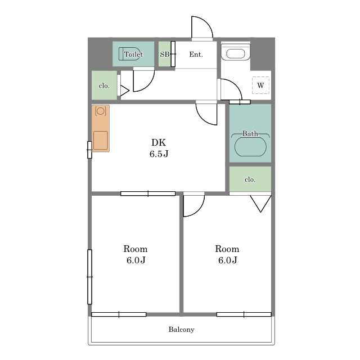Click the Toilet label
coord(133,55)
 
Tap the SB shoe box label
coord(165,55)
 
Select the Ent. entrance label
coord(196,55)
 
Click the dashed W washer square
coord(260,85)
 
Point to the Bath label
coord(250,133)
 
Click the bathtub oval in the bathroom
coord(250,147)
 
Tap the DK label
coord(159,142)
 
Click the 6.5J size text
coord(159,154)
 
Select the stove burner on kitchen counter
coord(101,111)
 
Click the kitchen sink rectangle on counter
coord(101,140)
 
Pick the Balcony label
coord(181,330)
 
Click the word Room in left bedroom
coord(136,249)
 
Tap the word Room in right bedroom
coord(227,249)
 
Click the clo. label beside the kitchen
coord(104,86)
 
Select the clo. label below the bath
coord(250,179)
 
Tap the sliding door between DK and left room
coord(148,193)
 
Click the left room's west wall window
coord(90,277)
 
